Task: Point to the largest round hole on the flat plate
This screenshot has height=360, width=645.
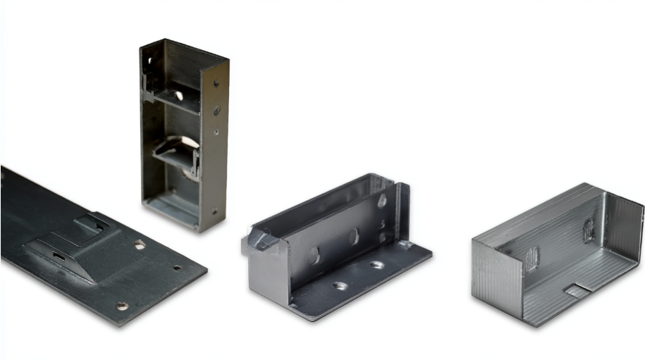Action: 140,244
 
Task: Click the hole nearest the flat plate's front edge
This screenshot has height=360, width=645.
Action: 122,306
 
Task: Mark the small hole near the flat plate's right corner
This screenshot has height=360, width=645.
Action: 177,268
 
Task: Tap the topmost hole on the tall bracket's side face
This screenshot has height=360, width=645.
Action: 215,82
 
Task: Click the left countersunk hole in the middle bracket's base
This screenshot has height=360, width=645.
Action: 339,285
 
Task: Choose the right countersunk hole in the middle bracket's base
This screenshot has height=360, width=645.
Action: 376,265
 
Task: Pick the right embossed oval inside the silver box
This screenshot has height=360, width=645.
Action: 589,229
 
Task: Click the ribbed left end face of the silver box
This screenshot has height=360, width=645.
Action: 498,282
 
